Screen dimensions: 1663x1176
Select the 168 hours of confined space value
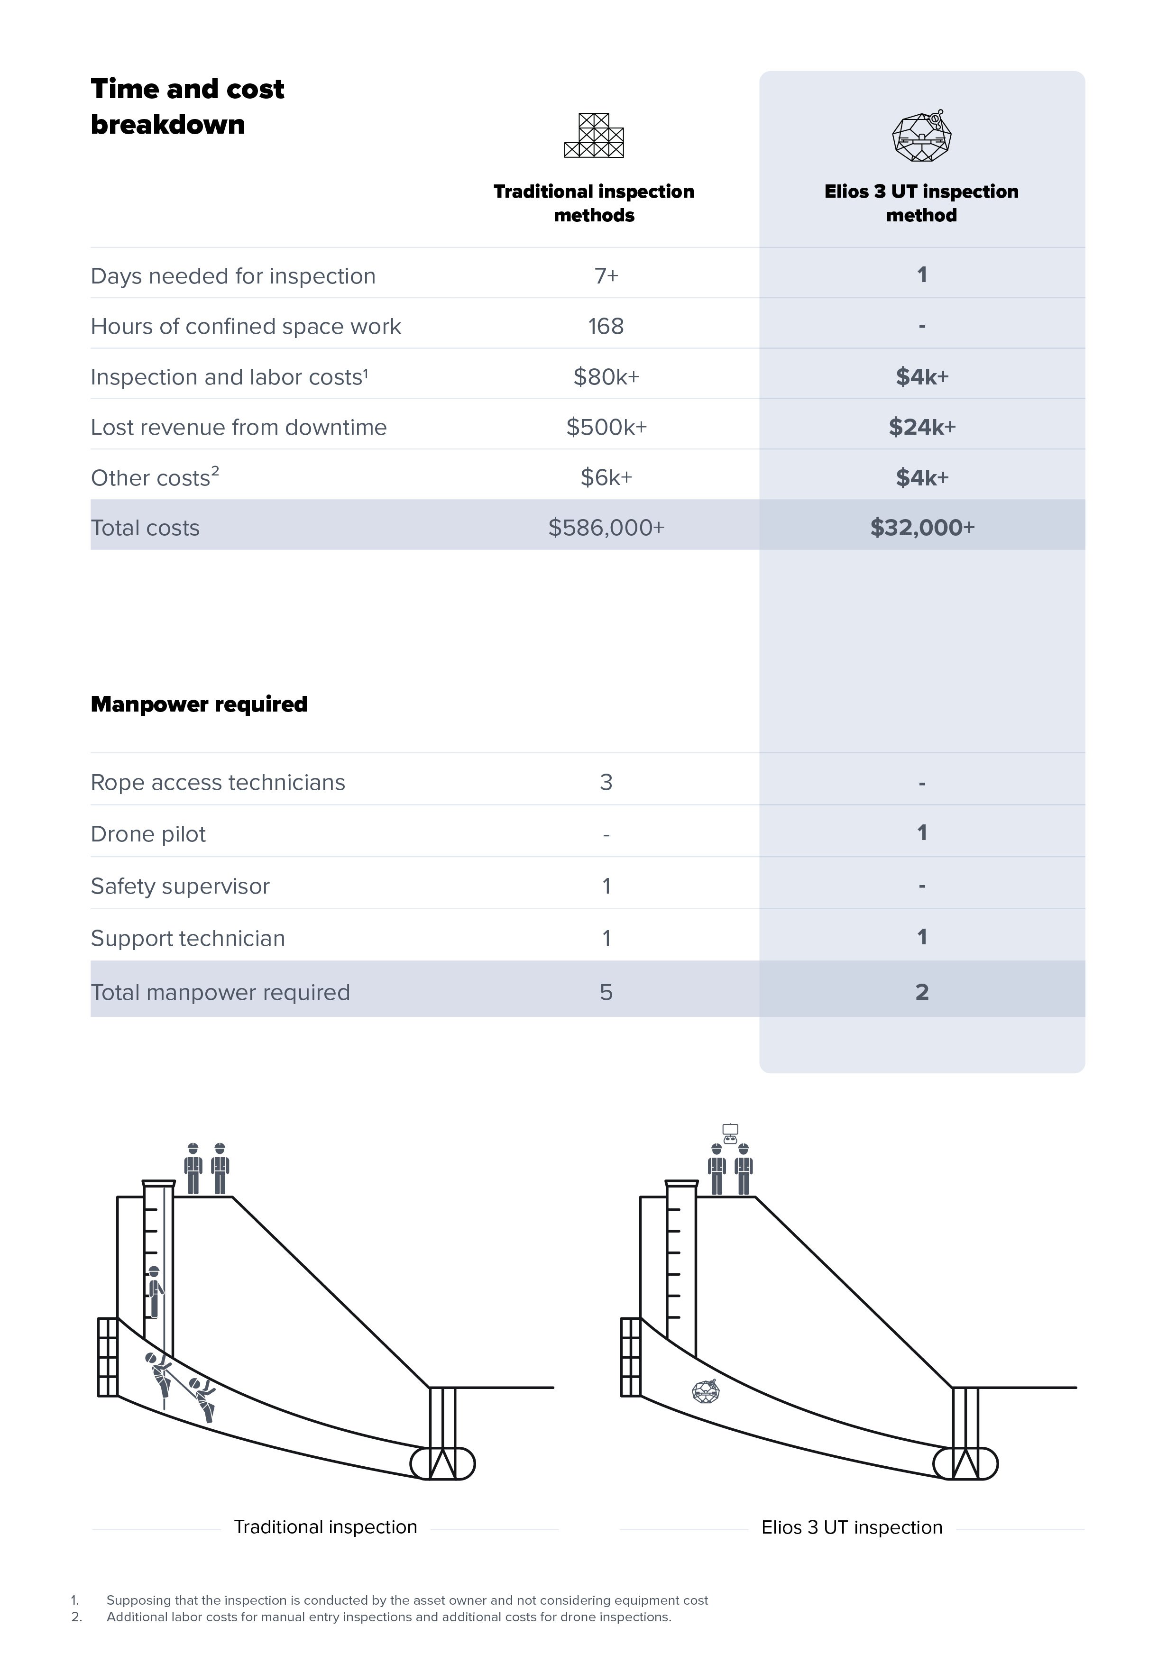(x=606, y=326)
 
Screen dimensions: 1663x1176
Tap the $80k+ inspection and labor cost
(x=606, y=376)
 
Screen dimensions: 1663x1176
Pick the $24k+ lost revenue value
(x=922, y=427)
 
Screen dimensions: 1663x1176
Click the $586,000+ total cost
(x=606, y=527)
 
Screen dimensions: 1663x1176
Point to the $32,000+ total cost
(x=922, y=527)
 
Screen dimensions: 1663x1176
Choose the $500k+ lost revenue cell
(x=606, y=427)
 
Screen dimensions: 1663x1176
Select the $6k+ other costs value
(x=606, y=477)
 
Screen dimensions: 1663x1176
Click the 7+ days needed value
(x=606, y=276)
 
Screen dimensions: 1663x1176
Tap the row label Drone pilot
(x=148, y=834)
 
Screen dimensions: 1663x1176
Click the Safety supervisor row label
(x=180, y=886)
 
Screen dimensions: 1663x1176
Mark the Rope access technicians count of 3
(x=606, y=782)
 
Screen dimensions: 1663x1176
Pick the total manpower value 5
(x=606, y=992)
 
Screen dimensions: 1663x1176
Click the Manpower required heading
(x=199, y=704)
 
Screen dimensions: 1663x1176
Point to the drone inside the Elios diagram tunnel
(x=706, y=1391)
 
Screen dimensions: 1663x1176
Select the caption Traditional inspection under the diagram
(x=325, y=1527)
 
